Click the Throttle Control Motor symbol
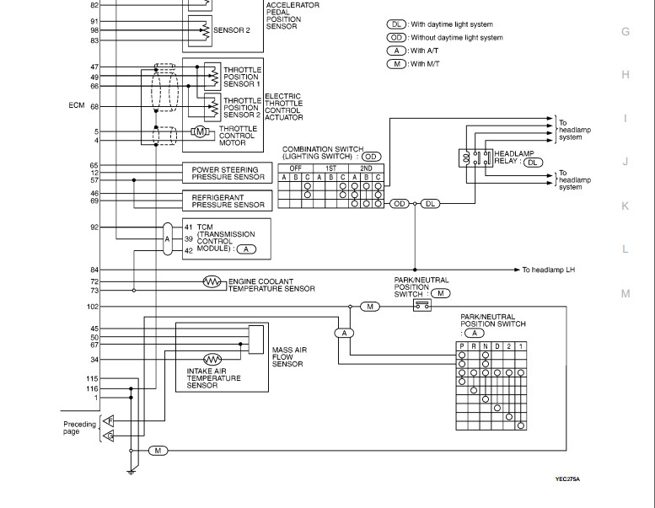tap(200, 131)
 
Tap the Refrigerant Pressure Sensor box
tap(227, 200)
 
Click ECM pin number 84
tap(94, 270)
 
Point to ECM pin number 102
tap(93, 307)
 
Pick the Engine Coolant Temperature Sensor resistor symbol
tap(212, 281)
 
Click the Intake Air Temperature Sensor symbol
tap(212, 358)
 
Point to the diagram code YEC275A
tap(567, 479)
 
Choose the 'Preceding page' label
tap(79, 428)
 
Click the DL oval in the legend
tap(396, 25)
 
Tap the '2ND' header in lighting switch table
tap(365, 168)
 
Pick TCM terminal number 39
tap(189, 238)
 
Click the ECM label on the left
tap(77, 106)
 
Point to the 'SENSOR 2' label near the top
tap(232, 29)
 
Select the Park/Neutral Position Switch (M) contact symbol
tap(422, 306)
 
